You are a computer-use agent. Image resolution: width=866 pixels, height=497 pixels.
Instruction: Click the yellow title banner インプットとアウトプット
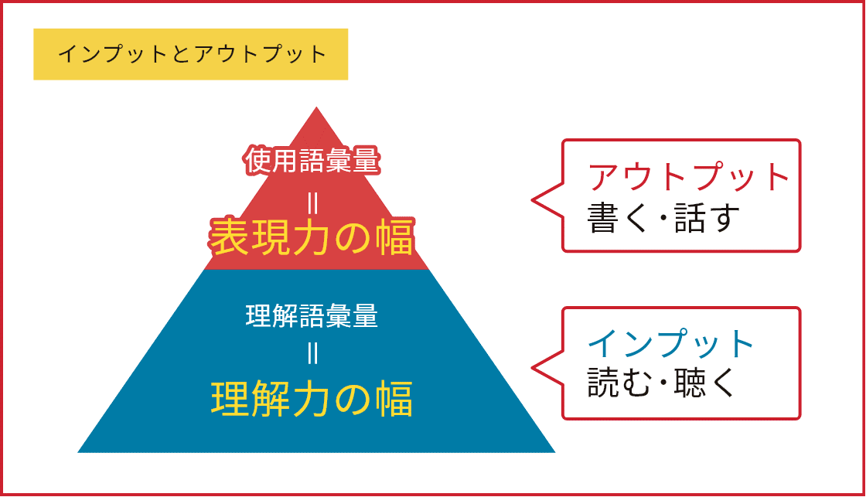coord(190,54)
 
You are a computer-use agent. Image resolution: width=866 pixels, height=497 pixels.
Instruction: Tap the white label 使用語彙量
coord(312,161)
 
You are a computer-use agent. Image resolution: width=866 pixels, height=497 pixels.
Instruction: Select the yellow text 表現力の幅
coord(312,237)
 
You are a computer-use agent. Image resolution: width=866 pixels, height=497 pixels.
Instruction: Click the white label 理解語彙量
coord(312,316)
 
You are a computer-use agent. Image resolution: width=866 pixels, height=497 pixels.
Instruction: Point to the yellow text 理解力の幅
coord(312,399)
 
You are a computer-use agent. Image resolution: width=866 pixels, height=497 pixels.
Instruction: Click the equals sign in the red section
coord(312,203)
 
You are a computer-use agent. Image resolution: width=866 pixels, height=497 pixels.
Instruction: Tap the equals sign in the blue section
coord(312,353)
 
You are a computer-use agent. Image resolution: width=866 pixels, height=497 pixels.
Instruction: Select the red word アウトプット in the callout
coord(689,177)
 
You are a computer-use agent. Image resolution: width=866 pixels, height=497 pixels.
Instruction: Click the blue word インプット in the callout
coord(671,343)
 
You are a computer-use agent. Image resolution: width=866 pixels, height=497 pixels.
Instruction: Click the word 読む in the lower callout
coord(619,383)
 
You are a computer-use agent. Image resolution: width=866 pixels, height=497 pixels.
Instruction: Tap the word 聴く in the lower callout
coord(705,383)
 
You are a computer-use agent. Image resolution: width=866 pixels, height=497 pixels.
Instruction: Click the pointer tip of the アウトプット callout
coord(532,200)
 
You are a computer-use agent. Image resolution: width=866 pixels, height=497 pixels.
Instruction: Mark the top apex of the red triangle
coord(316,107)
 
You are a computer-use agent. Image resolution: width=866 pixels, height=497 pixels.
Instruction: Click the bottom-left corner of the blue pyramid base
coord(78,452)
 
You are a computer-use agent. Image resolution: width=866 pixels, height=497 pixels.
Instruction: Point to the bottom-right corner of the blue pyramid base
coord(554,452)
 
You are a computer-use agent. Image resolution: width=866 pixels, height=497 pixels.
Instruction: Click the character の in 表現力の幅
coord(353,238)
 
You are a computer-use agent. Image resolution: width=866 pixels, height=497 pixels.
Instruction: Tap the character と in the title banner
coord(181,54)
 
